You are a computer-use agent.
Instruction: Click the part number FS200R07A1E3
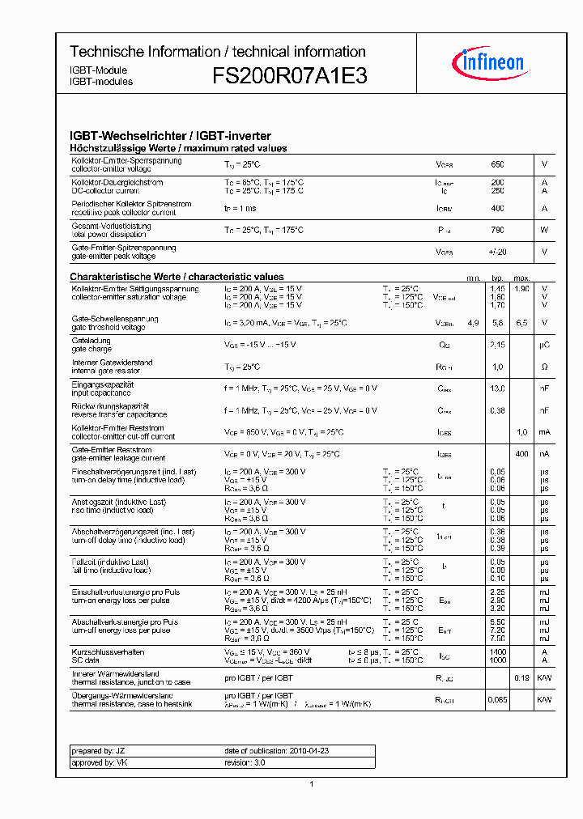point(290,76)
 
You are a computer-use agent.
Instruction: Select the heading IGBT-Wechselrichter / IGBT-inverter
point(170,136)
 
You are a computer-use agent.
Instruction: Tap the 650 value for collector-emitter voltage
point(497,164)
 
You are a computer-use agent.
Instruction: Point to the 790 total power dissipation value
point(497,230)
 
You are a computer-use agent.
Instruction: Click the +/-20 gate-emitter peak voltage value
point(497,252)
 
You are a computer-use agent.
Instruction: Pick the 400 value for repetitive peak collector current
point(497,208)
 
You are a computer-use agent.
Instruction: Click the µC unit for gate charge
point(544,345)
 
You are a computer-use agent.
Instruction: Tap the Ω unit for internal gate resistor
point(544,367)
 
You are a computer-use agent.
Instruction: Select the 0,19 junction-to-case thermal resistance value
point(521,678)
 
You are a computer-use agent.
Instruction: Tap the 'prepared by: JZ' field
point(93,751)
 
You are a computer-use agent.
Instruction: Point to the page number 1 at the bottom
point(312,783)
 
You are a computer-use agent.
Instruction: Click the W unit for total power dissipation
point(544,230)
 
